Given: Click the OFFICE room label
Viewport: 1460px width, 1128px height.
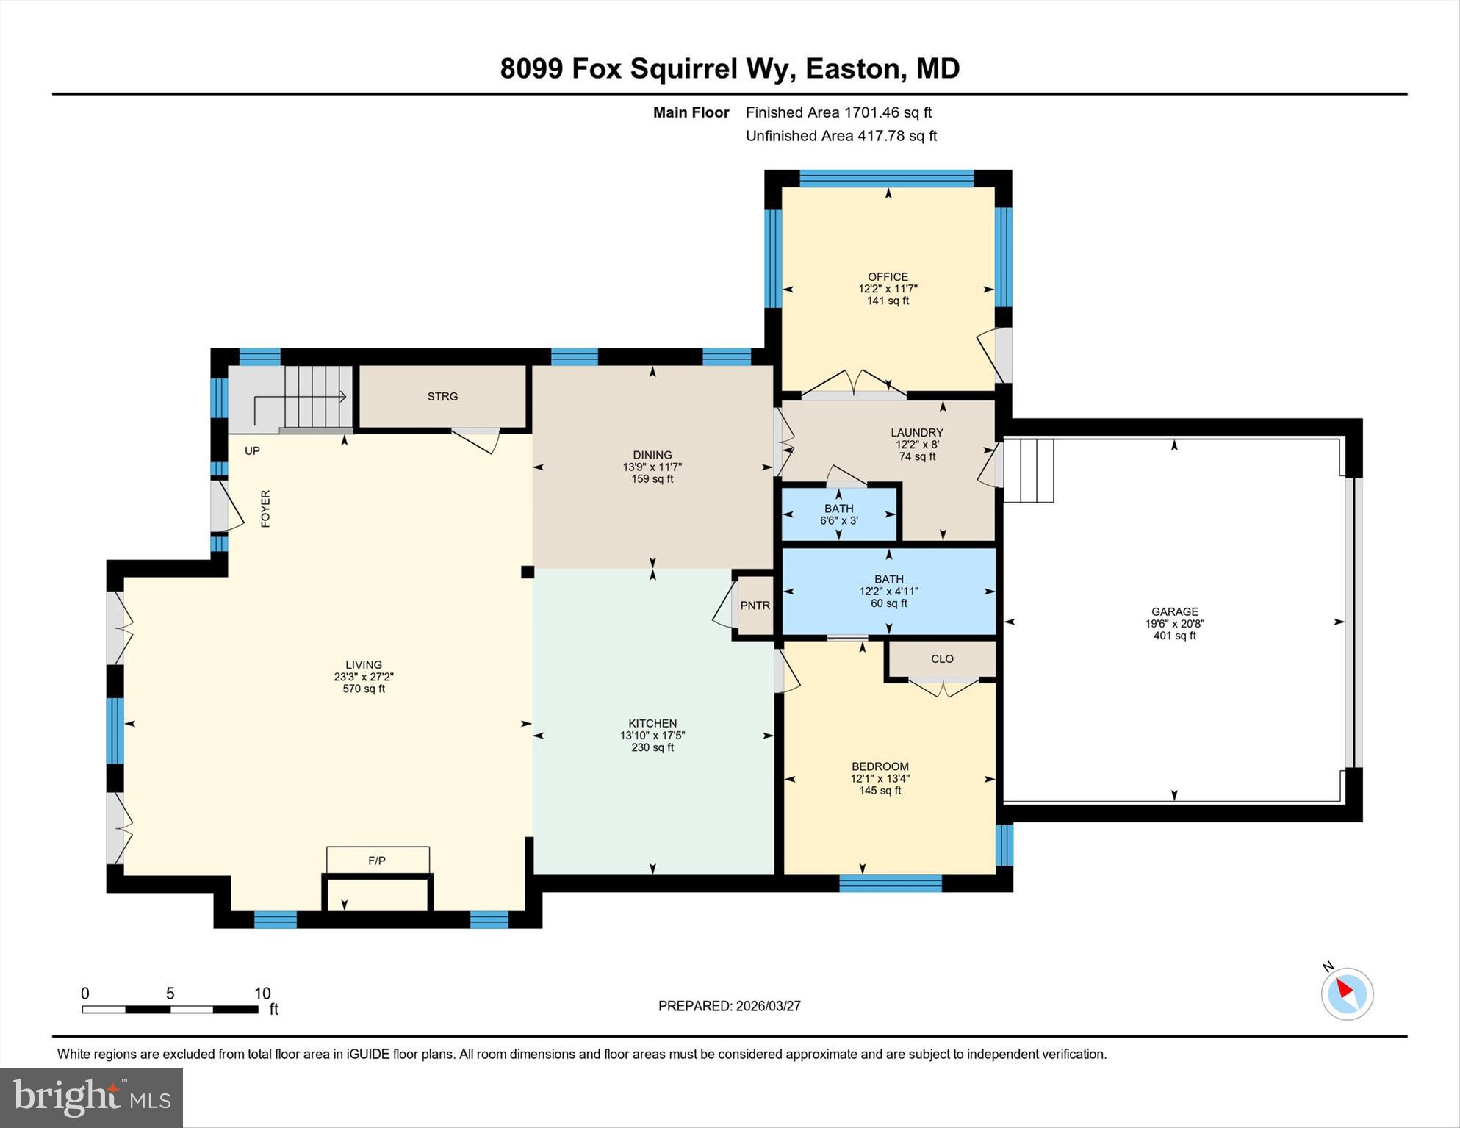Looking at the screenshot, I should click(x=888, y=277).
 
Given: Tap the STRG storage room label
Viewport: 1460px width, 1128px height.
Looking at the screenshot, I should click(x=442, y=397).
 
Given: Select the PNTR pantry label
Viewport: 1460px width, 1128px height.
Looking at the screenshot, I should click(x=755, y=606).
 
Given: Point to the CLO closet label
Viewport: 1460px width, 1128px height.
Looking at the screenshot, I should click(x=942, y=659).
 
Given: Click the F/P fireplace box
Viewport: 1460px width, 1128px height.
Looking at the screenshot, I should click(x=377, y=860).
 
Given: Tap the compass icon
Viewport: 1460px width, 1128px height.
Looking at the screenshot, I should click(x=1347, y=994).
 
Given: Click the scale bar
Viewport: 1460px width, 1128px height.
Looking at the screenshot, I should click(x=170, y=1010).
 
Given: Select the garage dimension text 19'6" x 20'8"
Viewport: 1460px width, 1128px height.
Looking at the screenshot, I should click(x=1174, y=624).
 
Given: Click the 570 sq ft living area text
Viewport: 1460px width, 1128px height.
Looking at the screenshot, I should click(x=364, y=689).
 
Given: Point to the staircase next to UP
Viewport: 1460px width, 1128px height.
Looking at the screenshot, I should click(x=314, y=398).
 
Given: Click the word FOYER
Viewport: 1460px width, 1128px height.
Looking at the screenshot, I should click(x=266, y=509).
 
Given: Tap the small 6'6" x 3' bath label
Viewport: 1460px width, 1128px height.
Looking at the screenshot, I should click(x=839, y=521).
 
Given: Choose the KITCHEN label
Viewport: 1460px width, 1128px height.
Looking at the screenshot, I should click(x=652, y=723).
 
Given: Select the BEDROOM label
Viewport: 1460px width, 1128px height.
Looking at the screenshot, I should click(x=880, y=766).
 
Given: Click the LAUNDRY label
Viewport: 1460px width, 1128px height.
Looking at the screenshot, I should click(x=916, y=433).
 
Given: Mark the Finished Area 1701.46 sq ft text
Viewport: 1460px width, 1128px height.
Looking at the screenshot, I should click(x=838, y=112).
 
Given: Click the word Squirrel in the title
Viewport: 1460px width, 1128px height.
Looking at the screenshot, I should click(x=683, y=68).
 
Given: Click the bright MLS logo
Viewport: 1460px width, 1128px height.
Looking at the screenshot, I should click(x=92, y=1097).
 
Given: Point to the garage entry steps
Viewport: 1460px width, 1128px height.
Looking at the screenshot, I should click(x=1029, y=470).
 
